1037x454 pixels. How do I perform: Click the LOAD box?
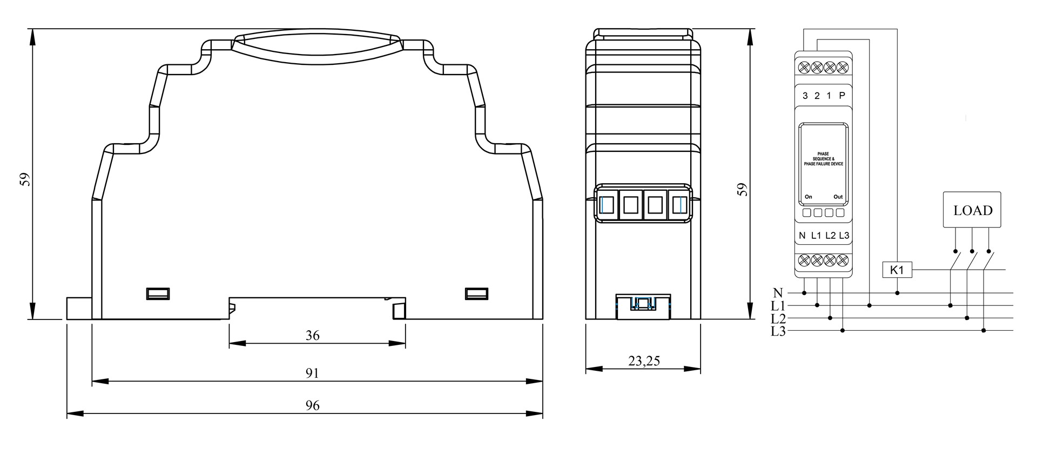click(972, 209)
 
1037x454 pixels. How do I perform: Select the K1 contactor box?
click(897, 270)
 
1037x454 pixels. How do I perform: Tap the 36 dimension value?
click(313, 336)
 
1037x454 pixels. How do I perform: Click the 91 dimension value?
click(312, 373)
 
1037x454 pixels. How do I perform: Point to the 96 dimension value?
click(313, 406)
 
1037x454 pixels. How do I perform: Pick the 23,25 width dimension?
click(644, 361)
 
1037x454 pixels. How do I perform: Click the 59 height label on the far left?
click(25, 179)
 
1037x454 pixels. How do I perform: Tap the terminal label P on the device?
click(842, 96)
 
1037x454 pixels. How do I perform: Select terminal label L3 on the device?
click(844, 236)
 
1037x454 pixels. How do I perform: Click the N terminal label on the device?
click(802, 236)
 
